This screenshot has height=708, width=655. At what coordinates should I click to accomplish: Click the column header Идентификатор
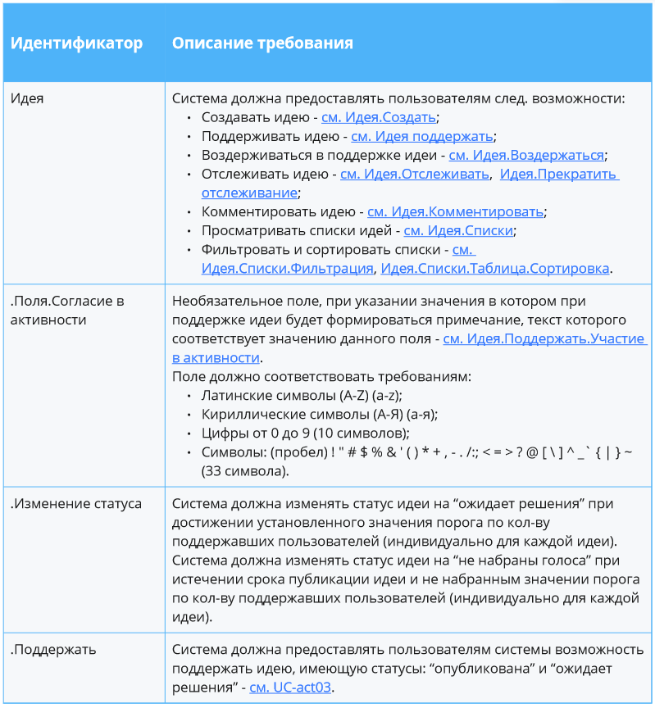tap(76, 43)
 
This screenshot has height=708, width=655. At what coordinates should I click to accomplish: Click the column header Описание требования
tap(262, 43)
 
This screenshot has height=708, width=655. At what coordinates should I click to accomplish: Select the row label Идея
tap(27, 98)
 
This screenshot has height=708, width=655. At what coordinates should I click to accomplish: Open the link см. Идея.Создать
tap(378, 117)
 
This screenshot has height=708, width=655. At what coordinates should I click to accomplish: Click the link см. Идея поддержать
tap(421, 136)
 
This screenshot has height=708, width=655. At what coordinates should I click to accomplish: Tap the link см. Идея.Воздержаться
tap(526, 155)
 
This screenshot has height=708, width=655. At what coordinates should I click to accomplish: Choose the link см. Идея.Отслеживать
tap(415, 174)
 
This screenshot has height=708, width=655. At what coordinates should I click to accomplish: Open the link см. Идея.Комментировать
tap(455, 211)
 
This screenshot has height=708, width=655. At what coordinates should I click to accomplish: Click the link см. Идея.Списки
tap(458, 230)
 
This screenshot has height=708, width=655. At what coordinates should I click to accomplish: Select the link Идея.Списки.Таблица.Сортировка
tap(495, 268)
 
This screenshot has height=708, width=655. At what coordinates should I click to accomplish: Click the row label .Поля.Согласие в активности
tap(66, 310)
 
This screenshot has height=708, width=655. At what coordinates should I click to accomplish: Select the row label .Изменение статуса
tap(75, 503)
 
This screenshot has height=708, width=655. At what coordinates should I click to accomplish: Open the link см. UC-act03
tap(290, 687)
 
